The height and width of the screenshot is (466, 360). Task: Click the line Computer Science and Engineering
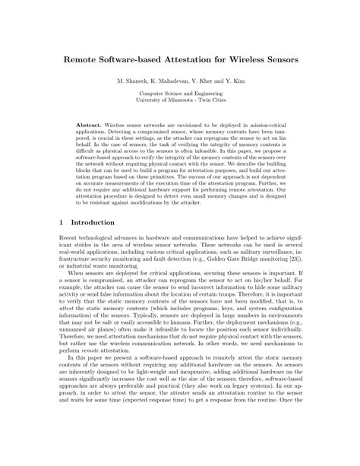[180, 92]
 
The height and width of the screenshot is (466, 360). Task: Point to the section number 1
[61, 223]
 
